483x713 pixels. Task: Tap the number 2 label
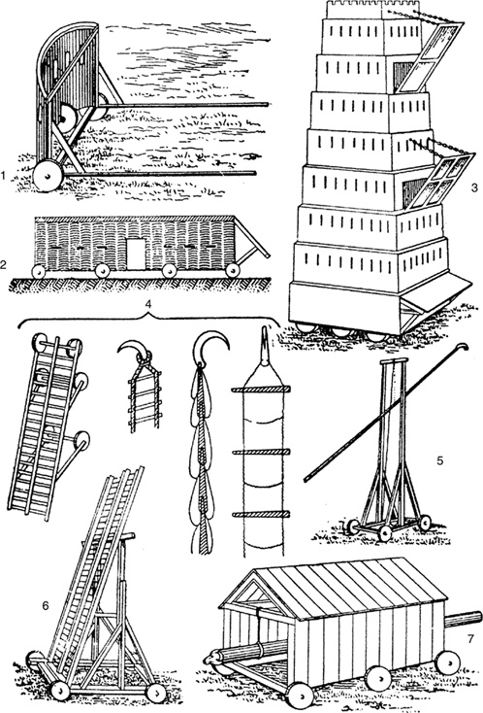point(4,264)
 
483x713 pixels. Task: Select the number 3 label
point(474,187)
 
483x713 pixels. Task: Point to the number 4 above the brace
point(148,306)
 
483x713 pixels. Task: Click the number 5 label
point(440,460)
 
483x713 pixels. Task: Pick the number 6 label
point(45,605)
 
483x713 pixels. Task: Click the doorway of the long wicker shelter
point(136,254)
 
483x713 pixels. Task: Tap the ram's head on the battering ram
point(212,659)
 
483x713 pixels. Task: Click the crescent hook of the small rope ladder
point(135,351)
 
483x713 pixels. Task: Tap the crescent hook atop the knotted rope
point(210,347)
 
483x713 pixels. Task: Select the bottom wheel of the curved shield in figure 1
point(48,175)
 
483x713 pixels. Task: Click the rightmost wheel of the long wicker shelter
point(233,271)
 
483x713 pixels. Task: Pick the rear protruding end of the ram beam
point(463,620)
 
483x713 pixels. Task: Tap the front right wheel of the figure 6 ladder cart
point(157,693)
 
